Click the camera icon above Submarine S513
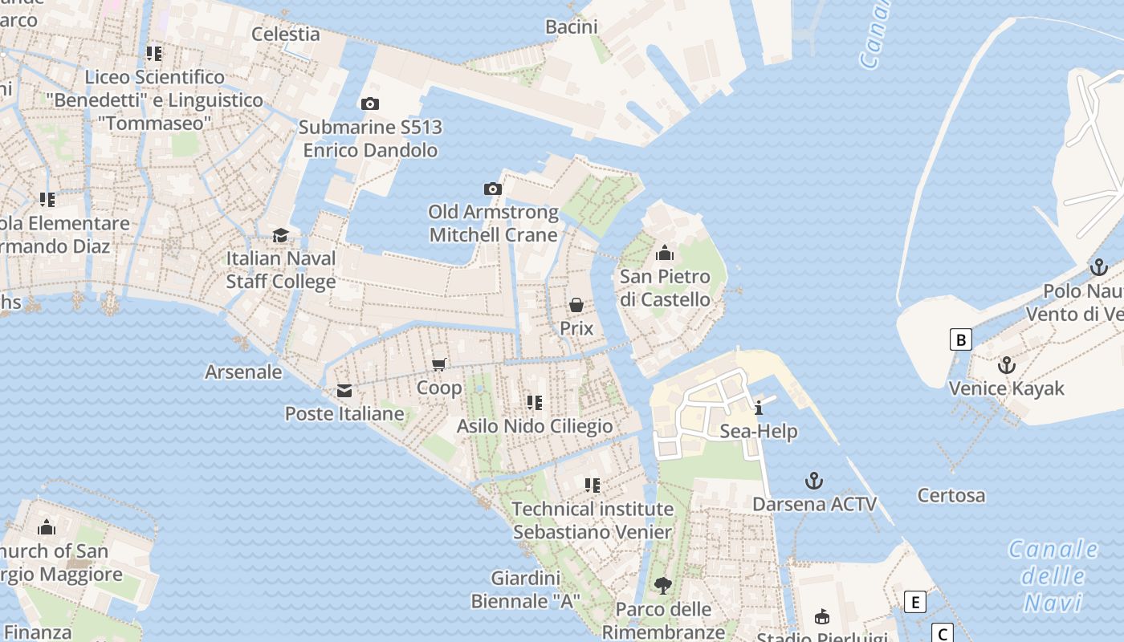[x=370, y=104]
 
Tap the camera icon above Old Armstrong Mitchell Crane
[x=493, y=189]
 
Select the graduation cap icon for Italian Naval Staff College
[x=280, y=235]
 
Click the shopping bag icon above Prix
[x=576, y=305]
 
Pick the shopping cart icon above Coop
[x=439, y=365]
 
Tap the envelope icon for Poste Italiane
[x=344, y=391]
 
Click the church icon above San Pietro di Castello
[x=664, y=254]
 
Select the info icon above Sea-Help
[x=759, y=408]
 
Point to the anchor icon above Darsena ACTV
[x=814, y=481]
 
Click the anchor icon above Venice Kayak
[x=1006, y=365]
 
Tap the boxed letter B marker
[x=960, y=339]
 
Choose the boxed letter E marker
[x=914, y=602]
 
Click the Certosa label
[x=951, y=495]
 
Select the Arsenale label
[x=243, y=372]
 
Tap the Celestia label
[x=286, y=34]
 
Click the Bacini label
[x=572, y=26]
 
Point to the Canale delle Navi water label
[x=1053, y=575]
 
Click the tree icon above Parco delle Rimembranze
[x=662, y=586]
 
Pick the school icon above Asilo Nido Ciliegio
[x=534, y=403]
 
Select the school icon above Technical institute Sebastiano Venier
[x=593, y=486]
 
